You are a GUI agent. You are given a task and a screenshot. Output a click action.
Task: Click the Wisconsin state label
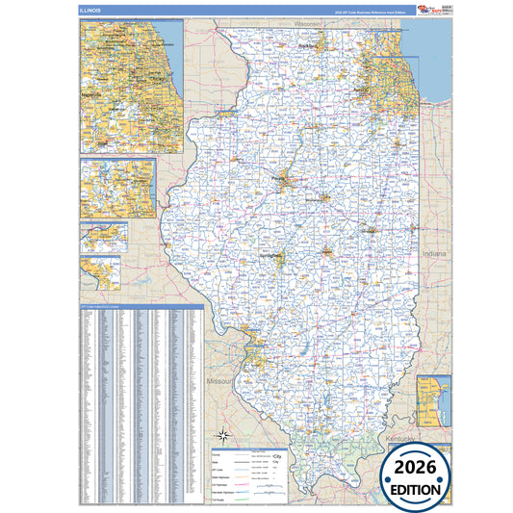pos(308,23)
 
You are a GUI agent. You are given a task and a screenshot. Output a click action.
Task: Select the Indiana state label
pos(433,253)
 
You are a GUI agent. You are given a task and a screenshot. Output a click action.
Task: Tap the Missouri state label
pos(219,382)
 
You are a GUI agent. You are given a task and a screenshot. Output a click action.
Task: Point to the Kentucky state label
pos(400,439)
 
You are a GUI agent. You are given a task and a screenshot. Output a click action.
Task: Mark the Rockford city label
pos(307,46)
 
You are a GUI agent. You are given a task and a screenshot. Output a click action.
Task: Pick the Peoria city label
pos(280,178)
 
